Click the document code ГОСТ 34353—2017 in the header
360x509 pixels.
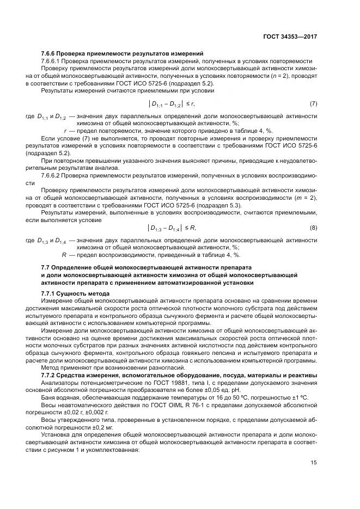click(x=289, y=36)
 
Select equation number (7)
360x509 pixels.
click(x=313, y=103)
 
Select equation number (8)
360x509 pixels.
click(x=313, y=226)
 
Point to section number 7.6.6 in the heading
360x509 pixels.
click(x=51, y=53)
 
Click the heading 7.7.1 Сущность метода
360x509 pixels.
click(x=71, y=293)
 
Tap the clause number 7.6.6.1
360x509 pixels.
click(x=53, y=61)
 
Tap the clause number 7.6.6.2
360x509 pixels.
click(x=53, y=175)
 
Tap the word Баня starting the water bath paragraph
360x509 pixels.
click(x=50, y=397)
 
